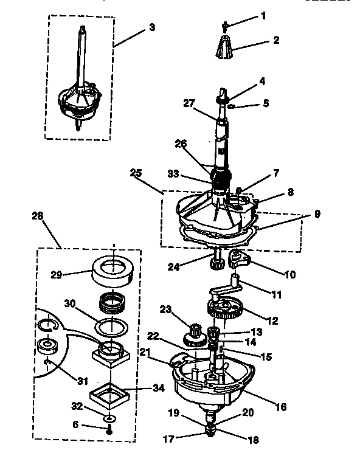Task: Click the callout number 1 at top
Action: click(263, 15)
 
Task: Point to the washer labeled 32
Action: click(108, 419)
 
